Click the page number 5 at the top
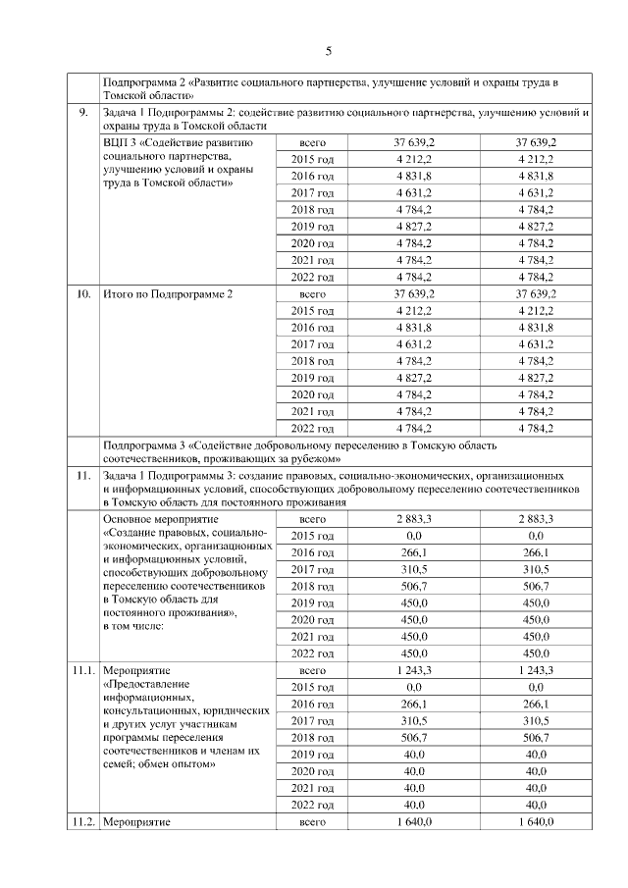click(x=329, y=51)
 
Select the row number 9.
click(x=84, y=114)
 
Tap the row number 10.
click(x=84, y=293)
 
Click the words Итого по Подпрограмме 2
click(x=168, y=293)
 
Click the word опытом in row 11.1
click(x=185, y=764)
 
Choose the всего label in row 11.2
click(x=312, y=821)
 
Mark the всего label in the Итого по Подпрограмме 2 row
click(x=312, y=293)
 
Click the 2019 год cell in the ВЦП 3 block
click(x=312, y=227)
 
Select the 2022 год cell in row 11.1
click(x=312, y=805)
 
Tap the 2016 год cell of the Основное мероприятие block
click(x=312, y=552)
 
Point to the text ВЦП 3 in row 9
click(x=119, y=143)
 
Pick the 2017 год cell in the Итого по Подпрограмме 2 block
click(x=312, y=344)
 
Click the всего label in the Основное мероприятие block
click(x=312, y=518)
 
